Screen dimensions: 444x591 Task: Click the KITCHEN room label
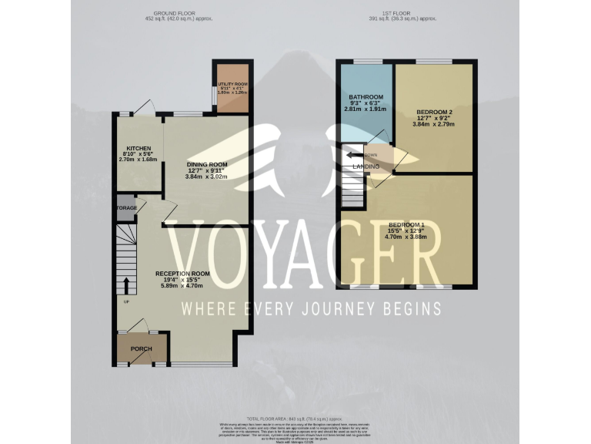139,148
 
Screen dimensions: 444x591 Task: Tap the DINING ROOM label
208,164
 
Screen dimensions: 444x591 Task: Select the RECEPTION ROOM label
182,274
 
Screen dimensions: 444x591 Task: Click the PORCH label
141,349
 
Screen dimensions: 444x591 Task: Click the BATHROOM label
366,97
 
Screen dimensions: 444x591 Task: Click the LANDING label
366,166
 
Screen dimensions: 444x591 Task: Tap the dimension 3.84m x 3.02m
208,177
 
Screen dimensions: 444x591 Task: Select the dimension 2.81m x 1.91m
366,109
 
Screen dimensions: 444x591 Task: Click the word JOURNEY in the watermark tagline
339,308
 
